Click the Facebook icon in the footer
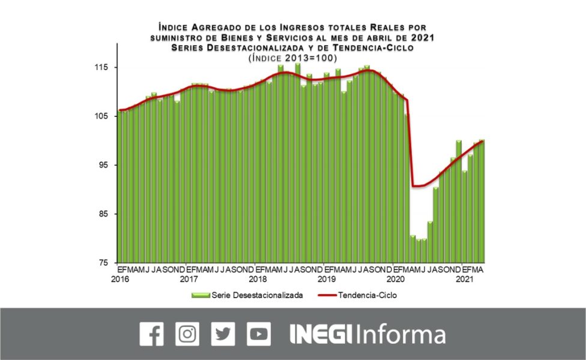pyautogui.click(x=151, y=334)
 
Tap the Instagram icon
pyautogui.click(x=187, y=334)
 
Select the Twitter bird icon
pyautogui.click(x=223, y=334)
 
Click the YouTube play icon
pyautogui.click(x=259, y=334)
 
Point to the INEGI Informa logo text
pyautogui.click(x=367, y=334)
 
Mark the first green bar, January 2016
pyautogui.click(x=121, y=187)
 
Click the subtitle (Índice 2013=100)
pyautogui.click(x=292, y=58)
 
